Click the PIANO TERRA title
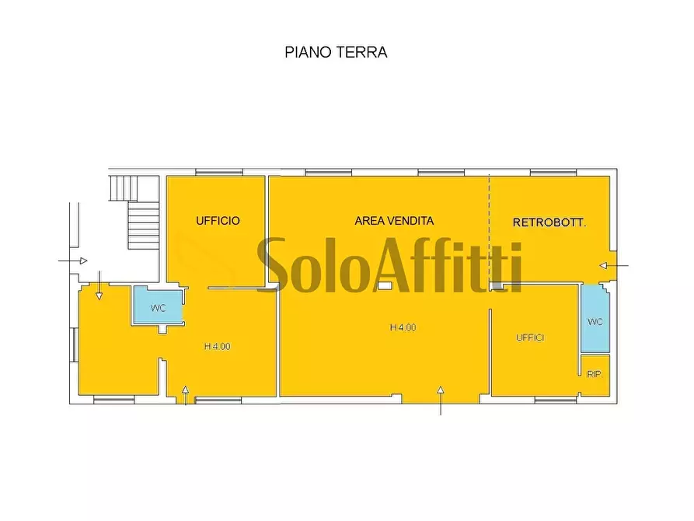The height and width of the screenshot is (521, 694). [336, 53]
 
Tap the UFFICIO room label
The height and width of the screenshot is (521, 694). [218, 221]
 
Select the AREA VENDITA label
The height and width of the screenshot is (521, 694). [394, 221]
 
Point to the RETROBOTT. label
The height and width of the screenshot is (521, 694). [549, 222]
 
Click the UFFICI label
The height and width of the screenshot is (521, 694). [530, 337]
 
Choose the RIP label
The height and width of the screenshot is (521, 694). [594, 374]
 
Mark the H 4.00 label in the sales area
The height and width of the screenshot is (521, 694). [403, 328]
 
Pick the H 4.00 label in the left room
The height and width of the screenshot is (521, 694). [217, 347]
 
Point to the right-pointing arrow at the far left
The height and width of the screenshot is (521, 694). [74, 261]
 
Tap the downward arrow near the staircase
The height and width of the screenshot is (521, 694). [99, 285]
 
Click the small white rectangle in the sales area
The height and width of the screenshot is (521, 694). [384, 286]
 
